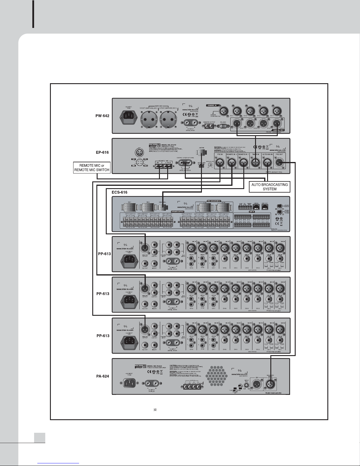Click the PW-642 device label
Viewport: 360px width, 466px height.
[x=102, y=116]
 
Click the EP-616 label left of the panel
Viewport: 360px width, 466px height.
[x=102, y=152]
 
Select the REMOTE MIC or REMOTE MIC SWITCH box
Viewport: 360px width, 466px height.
[x=92, y=168]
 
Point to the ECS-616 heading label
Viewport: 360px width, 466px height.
[x=119, y=192]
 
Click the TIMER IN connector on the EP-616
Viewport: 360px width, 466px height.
[x=256, y=162]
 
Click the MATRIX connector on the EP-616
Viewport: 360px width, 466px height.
[x=201, y=153]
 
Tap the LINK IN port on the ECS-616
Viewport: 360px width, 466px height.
[x=256, y=207]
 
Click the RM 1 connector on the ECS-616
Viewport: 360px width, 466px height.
[x=128, y=208]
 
